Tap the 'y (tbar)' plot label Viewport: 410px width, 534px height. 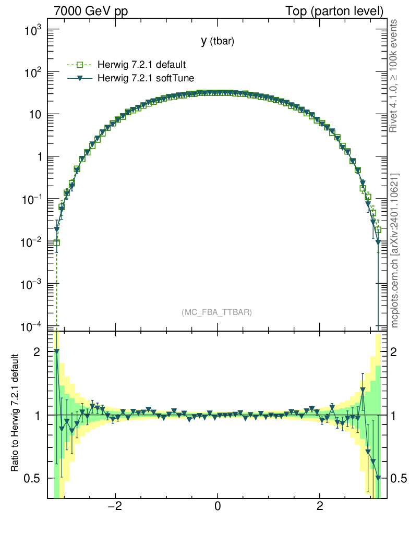217,42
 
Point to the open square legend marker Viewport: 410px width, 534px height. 80,65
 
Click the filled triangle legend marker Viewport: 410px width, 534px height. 80,78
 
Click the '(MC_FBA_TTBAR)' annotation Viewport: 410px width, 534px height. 217,312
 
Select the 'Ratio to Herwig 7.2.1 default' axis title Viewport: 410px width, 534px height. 16,414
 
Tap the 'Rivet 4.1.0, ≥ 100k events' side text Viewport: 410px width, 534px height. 394,76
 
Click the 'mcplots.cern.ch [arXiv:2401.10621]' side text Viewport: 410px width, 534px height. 395,250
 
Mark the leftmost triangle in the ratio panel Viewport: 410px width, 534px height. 56,351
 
